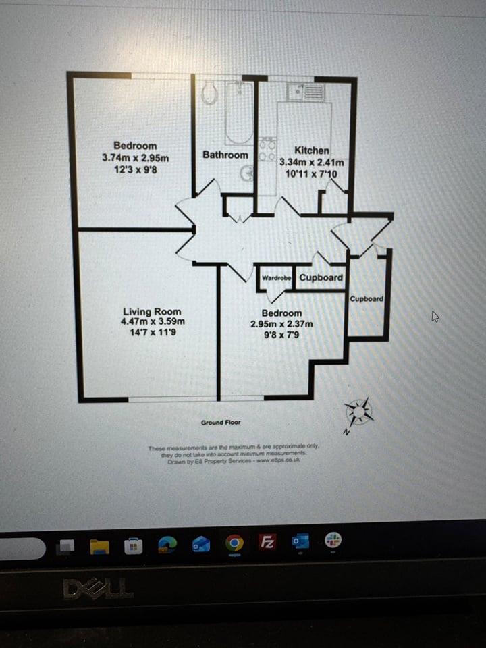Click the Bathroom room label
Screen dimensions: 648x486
[x=225, y=155]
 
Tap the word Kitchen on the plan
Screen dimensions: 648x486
[x=312, y=151]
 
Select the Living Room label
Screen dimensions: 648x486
[x=152, y=311]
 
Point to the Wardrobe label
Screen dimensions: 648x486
[x=276, y=277]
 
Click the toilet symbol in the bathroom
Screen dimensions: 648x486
[x=209, y=93]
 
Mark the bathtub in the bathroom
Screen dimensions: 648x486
[x=238, y=112]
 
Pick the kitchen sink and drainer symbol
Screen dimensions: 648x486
[x=306, y=91]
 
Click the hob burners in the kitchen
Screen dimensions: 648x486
[x=267, y=150]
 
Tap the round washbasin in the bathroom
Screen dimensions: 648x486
[x=247, y=173]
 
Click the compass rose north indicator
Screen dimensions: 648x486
[x=358, y=410]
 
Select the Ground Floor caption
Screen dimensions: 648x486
[x=221, y=423]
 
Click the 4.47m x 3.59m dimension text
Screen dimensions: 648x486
[x=152, y=321]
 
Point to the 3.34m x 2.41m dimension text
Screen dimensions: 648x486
[x=312, y=163]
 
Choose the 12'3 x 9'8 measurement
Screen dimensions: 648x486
[x=135, y=169]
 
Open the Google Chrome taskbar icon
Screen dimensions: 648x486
[x=234, y=543]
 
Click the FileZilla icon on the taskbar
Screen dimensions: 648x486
[x=267, y=542]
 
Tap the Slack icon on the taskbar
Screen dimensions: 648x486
[x=333, y=540]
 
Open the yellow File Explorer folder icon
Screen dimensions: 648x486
[x=99, y=546]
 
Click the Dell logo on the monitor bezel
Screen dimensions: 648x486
[x=99, y=589]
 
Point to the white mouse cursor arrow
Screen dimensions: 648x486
[x=435, y=316]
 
